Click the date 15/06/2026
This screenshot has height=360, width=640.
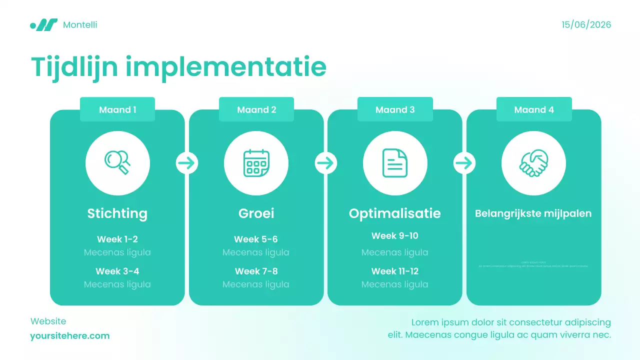(586, 24)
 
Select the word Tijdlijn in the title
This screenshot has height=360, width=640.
(73, 67)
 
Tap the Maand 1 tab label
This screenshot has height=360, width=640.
(117, 109)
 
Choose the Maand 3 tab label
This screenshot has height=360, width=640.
(395, 109)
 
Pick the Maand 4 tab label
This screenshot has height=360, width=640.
(534, 109)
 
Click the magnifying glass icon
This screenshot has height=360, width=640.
(117, 162)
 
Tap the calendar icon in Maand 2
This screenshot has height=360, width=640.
(256, 163)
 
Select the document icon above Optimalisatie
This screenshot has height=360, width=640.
(395, 163)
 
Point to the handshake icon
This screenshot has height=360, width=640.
(533, 163)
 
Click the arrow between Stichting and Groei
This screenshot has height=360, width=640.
(187, 163)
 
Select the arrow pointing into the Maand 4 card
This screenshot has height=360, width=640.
(464, 163)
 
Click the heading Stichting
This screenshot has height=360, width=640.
(117, 213)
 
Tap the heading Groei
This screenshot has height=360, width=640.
(256, 213)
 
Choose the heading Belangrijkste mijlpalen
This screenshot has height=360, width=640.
(533, 213)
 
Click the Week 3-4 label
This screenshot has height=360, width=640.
(117, 271)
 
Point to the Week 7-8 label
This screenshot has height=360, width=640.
(256, 271)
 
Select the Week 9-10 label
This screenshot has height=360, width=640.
(395, 235)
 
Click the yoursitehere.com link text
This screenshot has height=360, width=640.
(69, 335)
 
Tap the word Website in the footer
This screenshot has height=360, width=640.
(48, 321)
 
